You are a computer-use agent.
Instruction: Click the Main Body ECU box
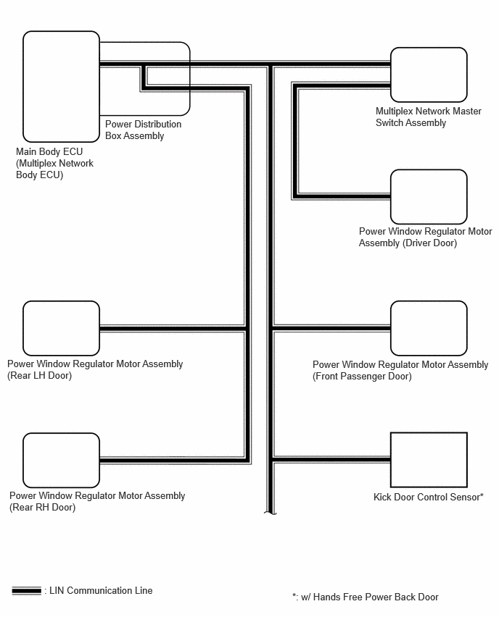click(61, 87)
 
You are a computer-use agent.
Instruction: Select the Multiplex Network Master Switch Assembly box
click(429, 75)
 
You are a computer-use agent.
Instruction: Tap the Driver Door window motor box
click(429, 197)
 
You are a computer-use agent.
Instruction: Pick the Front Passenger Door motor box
click(429, 328)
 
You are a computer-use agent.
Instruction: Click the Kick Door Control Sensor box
click(429, 460)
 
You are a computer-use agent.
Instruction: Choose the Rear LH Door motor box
click(61, 328)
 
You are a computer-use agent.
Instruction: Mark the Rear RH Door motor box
click(61, 460)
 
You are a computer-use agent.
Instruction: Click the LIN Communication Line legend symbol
click(26, 591)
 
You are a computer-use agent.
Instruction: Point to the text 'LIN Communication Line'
click(101, 591)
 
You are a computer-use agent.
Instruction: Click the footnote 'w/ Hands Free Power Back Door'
click(370, 597)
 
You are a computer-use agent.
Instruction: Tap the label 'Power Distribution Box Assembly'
click(143, 130)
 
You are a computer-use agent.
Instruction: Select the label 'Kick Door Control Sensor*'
click(429, 497)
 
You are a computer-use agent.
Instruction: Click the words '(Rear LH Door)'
click(39, 376)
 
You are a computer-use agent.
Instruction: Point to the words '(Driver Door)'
click(429, 243)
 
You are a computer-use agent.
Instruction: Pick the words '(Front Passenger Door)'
click(362, 377)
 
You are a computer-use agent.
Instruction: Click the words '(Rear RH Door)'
click(43, 508)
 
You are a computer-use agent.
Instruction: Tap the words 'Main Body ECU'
click(49, 151)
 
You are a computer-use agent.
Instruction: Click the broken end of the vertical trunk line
click(270, 513)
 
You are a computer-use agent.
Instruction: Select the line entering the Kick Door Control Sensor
click(331, 460)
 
